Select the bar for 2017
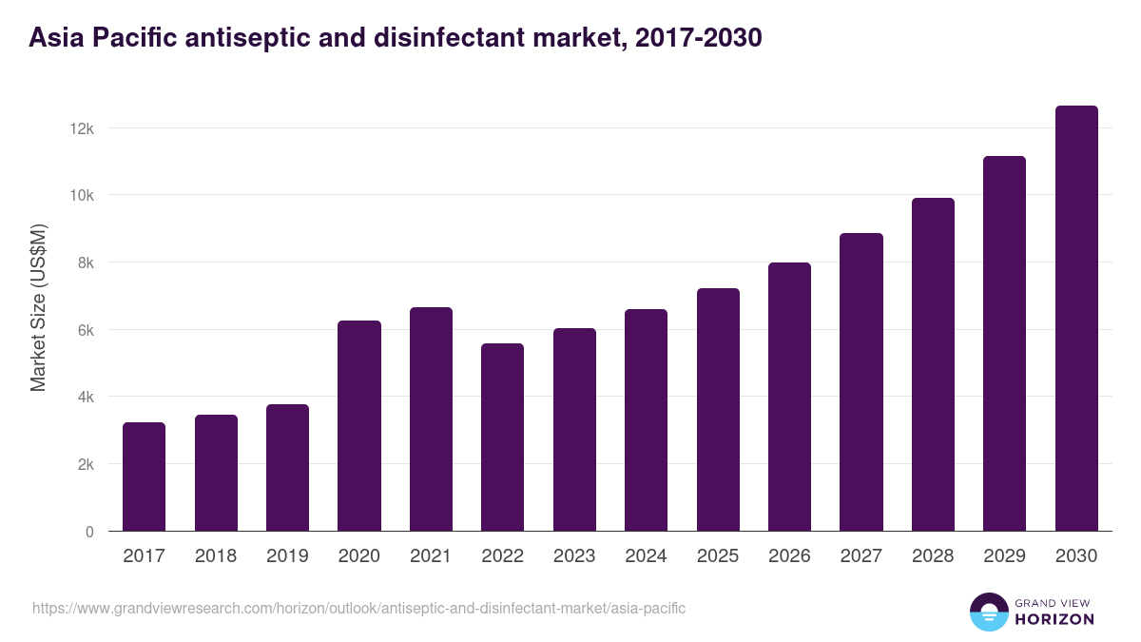(144, 477)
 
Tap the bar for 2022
(502, 438)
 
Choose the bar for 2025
(718, 410)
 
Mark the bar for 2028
(933, 365)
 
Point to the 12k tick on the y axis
(83, 128)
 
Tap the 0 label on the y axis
(89, 532)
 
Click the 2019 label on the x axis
(287, 556)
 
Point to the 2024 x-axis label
(646, 556)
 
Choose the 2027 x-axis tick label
(861, 556)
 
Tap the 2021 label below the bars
(431, 556)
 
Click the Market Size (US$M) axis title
(39, 306)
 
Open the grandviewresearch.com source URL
(358, 608)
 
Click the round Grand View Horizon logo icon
(988, 612)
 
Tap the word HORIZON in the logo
(1054, 619)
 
